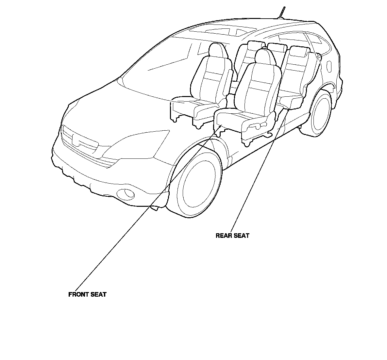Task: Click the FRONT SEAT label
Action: pos(87,294)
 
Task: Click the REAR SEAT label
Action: pos(232,236)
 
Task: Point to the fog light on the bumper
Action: pos(128,194)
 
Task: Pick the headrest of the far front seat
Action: pos(216,50)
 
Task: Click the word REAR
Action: pos(224,236)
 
